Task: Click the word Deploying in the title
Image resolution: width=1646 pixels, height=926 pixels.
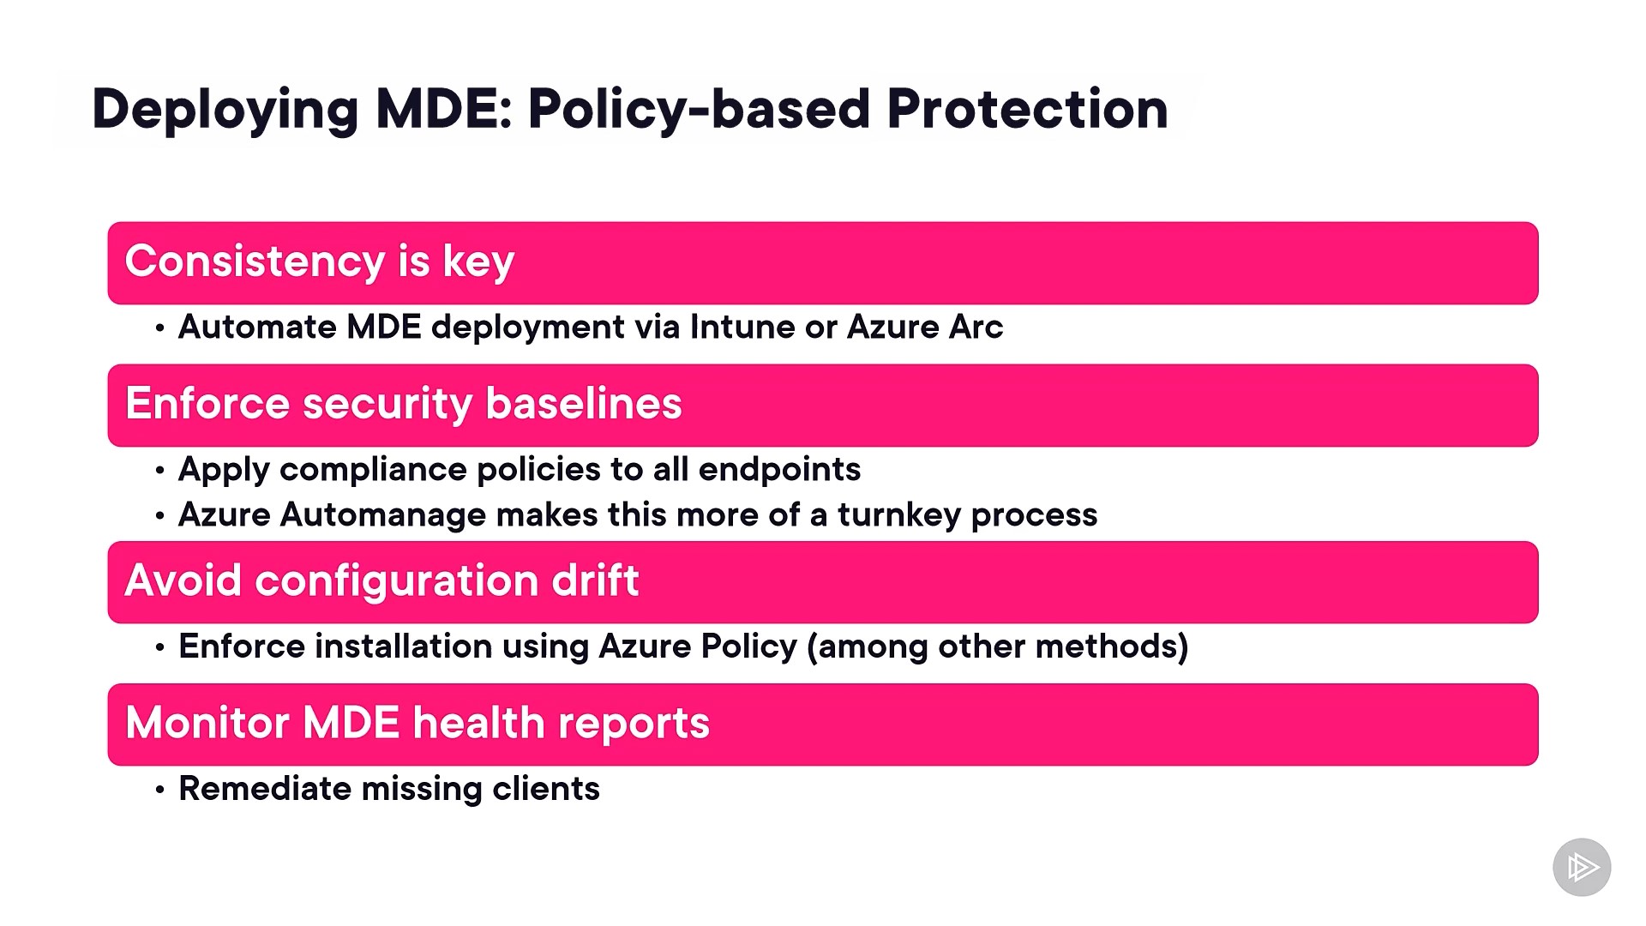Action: point(225,111)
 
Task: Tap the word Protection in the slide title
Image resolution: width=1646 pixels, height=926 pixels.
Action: point(1027,109)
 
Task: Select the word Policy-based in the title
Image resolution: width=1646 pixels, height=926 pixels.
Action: point(699,111)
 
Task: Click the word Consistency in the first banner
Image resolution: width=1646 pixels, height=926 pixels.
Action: point(255,262)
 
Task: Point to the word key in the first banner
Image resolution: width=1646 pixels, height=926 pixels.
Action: point(478,262)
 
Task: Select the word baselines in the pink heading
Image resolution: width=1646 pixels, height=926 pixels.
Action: point(584,404)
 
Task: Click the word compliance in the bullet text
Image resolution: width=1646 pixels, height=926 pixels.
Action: point(373,470)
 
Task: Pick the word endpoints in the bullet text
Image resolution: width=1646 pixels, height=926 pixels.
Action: point(779,470)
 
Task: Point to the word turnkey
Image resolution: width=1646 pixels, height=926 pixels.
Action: point(899,515)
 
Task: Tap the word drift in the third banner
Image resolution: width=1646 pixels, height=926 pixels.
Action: point(595,580)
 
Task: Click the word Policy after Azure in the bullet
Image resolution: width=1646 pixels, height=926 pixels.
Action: point(748,646)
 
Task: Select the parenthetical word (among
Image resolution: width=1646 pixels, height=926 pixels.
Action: point(868,646)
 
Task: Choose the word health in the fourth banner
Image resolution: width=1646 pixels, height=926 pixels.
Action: point(478,723)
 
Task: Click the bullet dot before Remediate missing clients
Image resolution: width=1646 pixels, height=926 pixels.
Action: point(160,790)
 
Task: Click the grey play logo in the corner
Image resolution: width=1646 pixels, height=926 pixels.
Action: point(1582,867)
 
